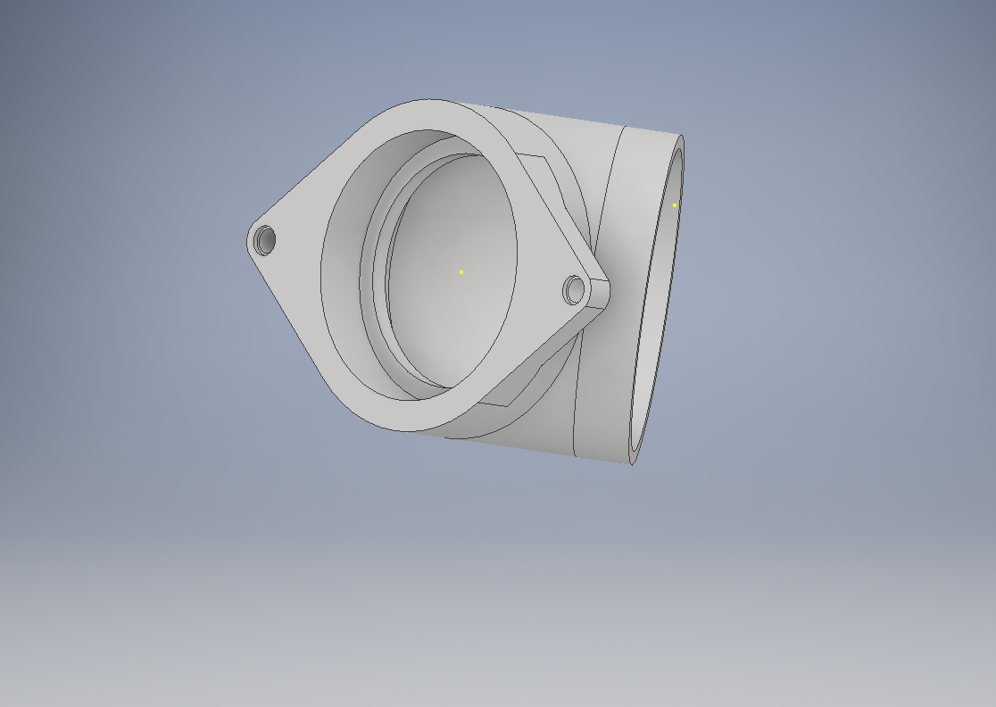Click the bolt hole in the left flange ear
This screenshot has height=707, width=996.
265,239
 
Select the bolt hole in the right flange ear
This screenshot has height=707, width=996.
574,289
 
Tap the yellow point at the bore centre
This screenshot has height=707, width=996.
461,272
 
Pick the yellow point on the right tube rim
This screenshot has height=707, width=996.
675,205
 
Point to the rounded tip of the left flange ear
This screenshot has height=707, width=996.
250,239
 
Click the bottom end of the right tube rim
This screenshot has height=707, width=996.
632,462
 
